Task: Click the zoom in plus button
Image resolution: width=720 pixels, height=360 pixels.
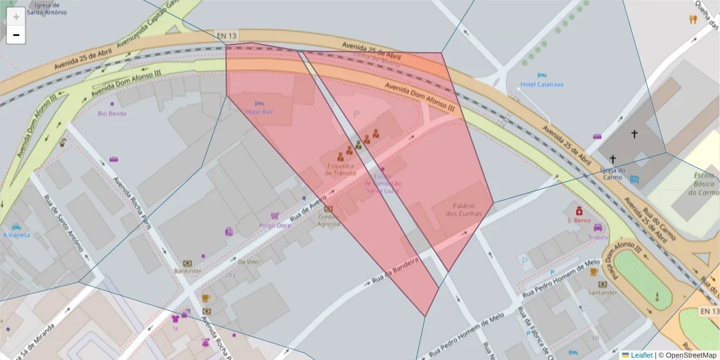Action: tap(16, 16)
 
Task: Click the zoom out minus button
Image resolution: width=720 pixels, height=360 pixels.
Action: tap(16, 35)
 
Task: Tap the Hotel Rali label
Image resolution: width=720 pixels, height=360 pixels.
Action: tap(259, 112)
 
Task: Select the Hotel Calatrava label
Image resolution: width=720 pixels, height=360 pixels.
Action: tap(542, 85)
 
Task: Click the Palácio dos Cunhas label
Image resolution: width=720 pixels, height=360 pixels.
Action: tap(464, 209)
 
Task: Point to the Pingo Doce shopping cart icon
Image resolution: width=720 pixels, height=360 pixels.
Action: tap(275, 215)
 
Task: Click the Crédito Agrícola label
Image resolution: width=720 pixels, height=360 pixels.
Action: tap(329, 220)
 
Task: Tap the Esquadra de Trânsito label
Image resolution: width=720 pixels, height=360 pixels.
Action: tap(340, 169)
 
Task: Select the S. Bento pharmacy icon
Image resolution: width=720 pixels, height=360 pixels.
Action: tap(579, 211)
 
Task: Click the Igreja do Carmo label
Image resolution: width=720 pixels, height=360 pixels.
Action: tap(613, 173)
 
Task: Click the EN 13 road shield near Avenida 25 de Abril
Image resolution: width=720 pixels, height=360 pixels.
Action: tap(226, 36)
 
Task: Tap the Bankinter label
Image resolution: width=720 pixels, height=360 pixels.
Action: tap(187, 271)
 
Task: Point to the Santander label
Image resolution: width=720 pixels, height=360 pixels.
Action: tap(602, 293)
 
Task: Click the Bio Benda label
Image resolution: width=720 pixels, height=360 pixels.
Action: tap(112, 113)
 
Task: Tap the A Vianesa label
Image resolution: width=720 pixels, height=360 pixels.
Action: tap(16, 235)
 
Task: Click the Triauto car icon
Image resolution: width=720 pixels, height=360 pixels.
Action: tap(598, 227)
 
